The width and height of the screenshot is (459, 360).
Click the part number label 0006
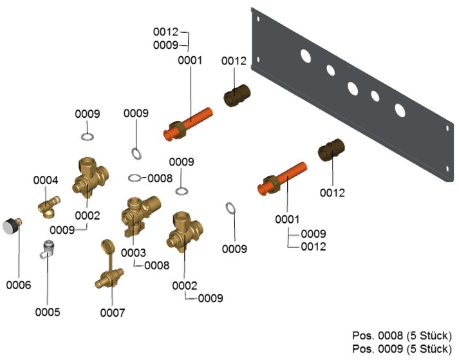[x=18, y=284]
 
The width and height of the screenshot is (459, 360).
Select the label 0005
[x=48, y=312]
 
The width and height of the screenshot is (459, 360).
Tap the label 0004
[x=46, y=181]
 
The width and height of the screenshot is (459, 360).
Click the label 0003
[x=134, y=252]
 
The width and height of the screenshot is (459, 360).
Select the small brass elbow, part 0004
[x=48, y=207]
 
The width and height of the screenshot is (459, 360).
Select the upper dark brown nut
[x=237, y=95]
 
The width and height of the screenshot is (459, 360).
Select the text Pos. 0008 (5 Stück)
[x=402, y=336]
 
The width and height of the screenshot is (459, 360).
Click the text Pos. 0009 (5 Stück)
[x=402, y=348]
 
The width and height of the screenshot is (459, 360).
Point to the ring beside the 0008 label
[x=134, y=178]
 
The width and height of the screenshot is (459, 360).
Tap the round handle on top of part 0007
[x=108, y=247]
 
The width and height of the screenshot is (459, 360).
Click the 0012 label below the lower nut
[x=333, y=193]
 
